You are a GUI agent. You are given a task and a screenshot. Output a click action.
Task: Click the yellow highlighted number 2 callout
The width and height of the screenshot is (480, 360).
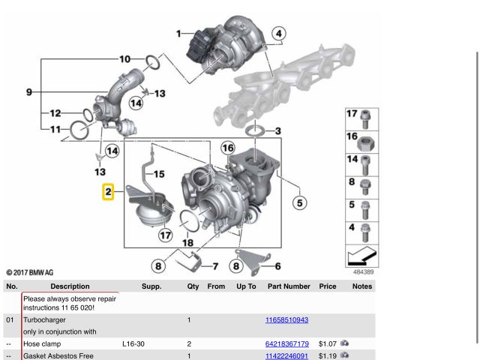pyautogui.click(x=108, y=192)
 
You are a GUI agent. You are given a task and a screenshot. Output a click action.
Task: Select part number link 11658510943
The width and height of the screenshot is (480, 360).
pyautogui.click(x=286, y=320)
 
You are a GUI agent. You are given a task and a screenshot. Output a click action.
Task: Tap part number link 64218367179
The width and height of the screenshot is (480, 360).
pyautogui.click(x=286, y=343)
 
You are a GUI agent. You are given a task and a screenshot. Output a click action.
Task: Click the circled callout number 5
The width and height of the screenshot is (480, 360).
pyautogui.click(x=300, y=202)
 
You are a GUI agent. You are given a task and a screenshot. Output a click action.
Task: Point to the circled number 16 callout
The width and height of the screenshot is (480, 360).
pyautogui.click(x=228, y=148)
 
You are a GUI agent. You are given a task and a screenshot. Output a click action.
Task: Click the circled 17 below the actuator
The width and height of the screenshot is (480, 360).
pyautogui.click(x=165, y=235)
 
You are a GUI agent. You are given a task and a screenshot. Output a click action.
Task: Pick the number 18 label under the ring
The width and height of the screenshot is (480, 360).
pyautogui.click(x=187, y=243)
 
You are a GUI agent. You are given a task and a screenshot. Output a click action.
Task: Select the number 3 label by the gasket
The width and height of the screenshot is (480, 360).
pyautogui.click(x=277, y=131)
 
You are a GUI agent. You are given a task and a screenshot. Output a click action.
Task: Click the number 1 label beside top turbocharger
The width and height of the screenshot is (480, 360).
pyautogui.click(x=178, y=34)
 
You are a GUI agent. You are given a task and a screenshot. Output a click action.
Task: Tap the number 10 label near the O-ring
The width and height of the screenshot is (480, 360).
pyautogui.click(x=125, y=58)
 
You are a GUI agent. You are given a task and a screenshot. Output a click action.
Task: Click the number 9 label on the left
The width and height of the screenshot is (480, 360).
pyautogui.click(x=29, y=91)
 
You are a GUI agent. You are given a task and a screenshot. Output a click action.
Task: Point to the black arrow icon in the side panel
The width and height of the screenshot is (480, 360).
pyautogui.click(x=361, y=256)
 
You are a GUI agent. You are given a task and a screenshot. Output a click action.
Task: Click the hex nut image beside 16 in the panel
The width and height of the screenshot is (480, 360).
pyautogui.click(x=364, y=143)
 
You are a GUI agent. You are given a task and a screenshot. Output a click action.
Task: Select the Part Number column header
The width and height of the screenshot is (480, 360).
pyautogui.click(x=289, y=286)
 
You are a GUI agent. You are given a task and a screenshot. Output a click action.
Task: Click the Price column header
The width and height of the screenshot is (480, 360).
pyautogui.click(x=328, y=286)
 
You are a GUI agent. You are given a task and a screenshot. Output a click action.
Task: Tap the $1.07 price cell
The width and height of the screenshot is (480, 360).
pyautogui.click(x=327, y=343)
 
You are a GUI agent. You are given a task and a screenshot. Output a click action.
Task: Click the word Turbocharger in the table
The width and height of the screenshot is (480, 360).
pyautogui.click(x=44, y=320)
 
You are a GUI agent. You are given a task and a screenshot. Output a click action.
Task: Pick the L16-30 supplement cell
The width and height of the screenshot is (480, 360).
pyautogui.click(x=133, y=343)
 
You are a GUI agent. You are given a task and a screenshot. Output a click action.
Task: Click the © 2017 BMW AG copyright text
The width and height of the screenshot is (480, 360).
pyautogui.click(x=30, y=272)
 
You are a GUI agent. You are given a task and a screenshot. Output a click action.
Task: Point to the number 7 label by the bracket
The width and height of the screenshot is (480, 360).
pyautogui.click(x=215, y=266)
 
